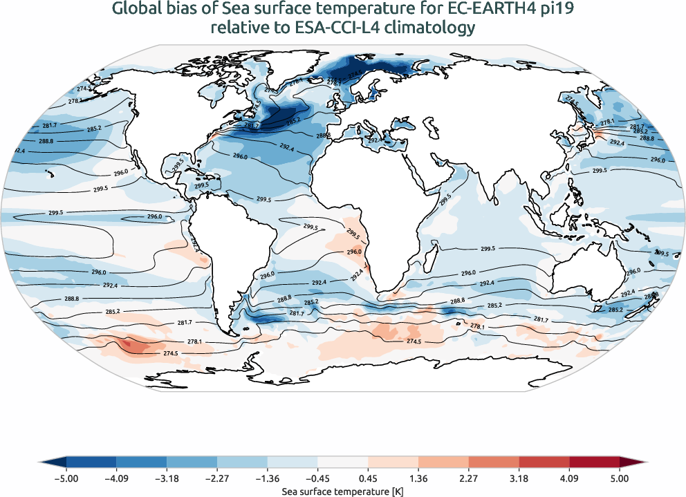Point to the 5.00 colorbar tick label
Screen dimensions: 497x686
620,478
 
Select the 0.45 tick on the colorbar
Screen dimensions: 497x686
368,478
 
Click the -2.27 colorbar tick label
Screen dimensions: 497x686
217,478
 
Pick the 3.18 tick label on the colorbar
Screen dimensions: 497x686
519,478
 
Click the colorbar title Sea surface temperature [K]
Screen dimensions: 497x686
342,490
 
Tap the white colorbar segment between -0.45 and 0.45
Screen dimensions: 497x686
342,461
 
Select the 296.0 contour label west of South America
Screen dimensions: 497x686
154,217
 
